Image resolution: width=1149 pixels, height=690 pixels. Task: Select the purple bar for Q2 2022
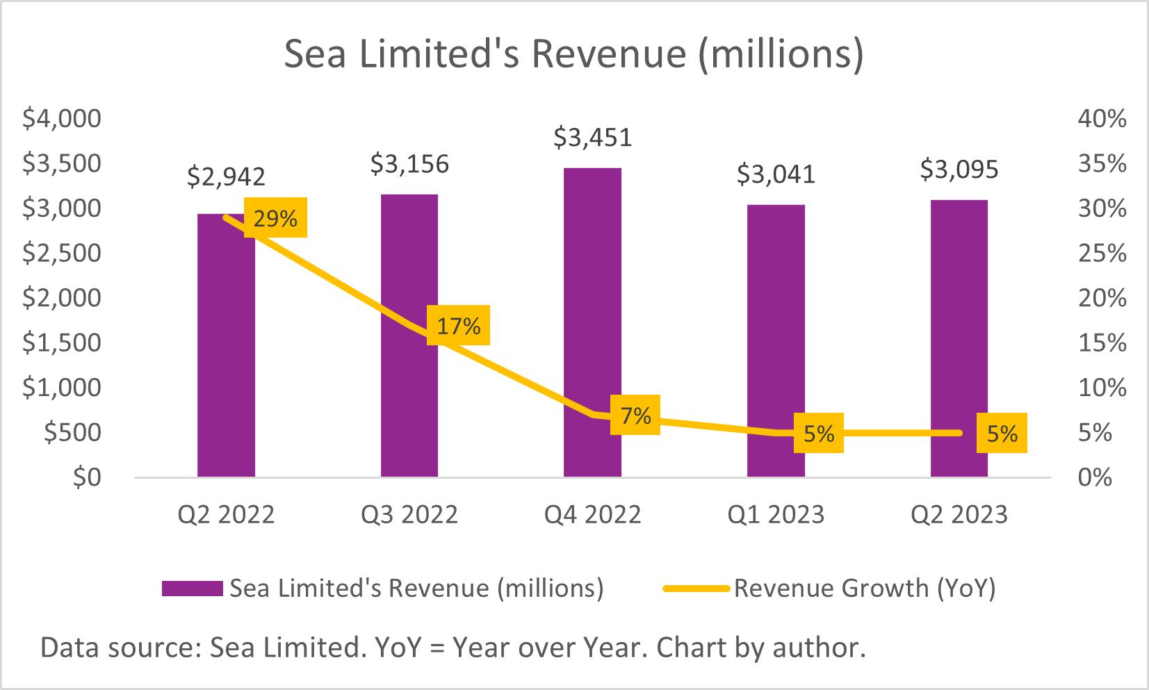(x=226, y=361)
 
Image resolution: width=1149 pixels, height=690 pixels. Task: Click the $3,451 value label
(x=593, y=138)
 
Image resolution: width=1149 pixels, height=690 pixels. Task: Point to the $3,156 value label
(x=409, y=164)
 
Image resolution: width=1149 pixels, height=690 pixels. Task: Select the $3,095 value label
(x=959, y=170)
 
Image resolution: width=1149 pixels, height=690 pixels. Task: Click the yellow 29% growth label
(x=275, y=218)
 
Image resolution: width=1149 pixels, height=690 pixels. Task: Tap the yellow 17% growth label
(x=459, y=325)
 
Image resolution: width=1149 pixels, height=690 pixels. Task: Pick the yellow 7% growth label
(x=635, y=415)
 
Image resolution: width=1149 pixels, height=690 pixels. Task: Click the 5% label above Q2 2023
(x=1002, y=433)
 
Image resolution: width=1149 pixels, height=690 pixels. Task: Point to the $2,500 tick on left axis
(x=62, y=253)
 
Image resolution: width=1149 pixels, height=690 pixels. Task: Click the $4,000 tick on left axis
(x=62, y=119)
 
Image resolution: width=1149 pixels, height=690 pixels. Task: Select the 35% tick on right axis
(x=1102, y=164)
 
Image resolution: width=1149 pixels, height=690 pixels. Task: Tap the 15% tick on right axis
(x=1102, y=343)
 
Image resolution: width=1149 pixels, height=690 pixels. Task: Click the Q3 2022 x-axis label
(x=409, y=515)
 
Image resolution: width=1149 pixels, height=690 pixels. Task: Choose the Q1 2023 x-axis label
(x=776, y=515)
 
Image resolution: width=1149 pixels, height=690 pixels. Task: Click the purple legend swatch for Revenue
(x=192, y=589)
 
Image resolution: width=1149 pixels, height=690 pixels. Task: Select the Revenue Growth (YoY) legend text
(x=865, y=589)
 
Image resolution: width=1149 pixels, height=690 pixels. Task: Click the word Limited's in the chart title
(x=439, y=54)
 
